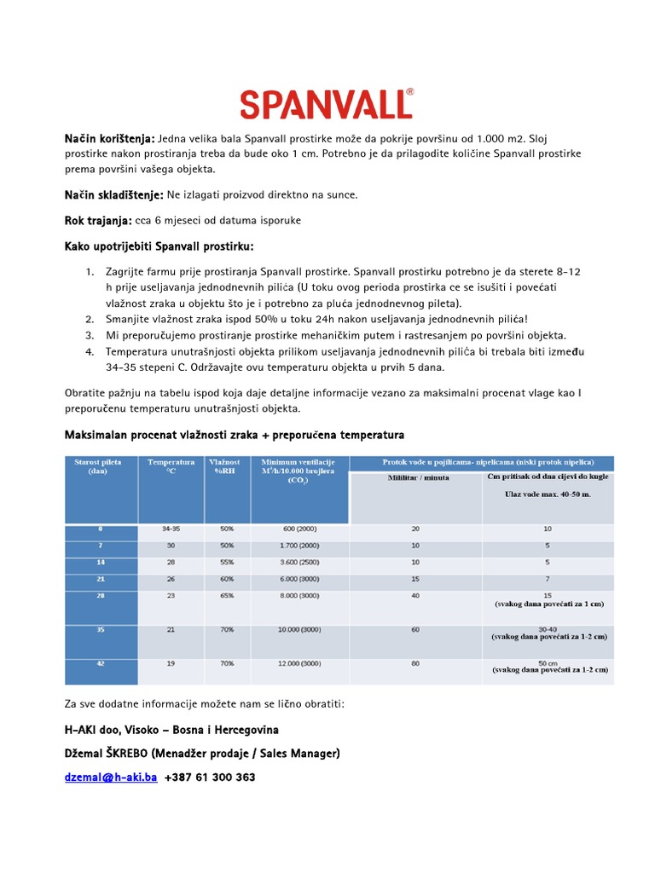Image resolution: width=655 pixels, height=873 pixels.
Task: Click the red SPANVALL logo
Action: [x=327, y=104]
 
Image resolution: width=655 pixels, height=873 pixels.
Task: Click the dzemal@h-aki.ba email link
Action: [x=111, y=778]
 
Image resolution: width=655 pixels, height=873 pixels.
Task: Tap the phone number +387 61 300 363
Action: [x=210, y=778]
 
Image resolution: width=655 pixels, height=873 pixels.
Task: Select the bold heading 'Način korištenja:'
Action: [x=110, y=139]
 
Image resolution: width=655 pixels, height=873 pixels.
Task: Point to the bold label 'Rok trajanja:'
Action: [x=98, y=221]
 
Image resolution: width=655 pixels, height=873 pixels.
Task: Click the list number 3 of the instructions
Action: [x=90, y=335]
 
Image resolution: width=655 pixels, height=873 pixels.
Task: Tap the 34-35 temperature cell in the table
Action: [x=171, y=529]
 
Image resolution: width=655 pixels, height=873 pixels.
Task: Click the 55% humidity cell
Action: [x=226, y=563]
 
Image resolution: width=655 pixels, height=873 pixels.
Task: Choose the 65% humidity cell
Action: [x=226, y=597]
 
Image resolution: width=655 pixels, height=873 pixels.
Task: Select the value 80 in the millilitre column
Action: [x=415, y=663]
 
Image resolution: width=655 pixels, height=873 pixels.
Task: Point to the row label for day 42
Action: [x=101, y=662]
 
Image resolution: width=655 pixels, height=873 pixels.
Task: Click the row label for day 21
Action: [x=101, y=579]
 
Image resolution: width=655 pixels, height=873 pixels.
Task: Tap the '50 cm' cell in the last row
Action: [x=548, y=662]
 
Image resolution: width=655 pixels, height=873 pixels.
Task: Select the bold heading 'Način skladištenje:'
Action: [x=114, y=194]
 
